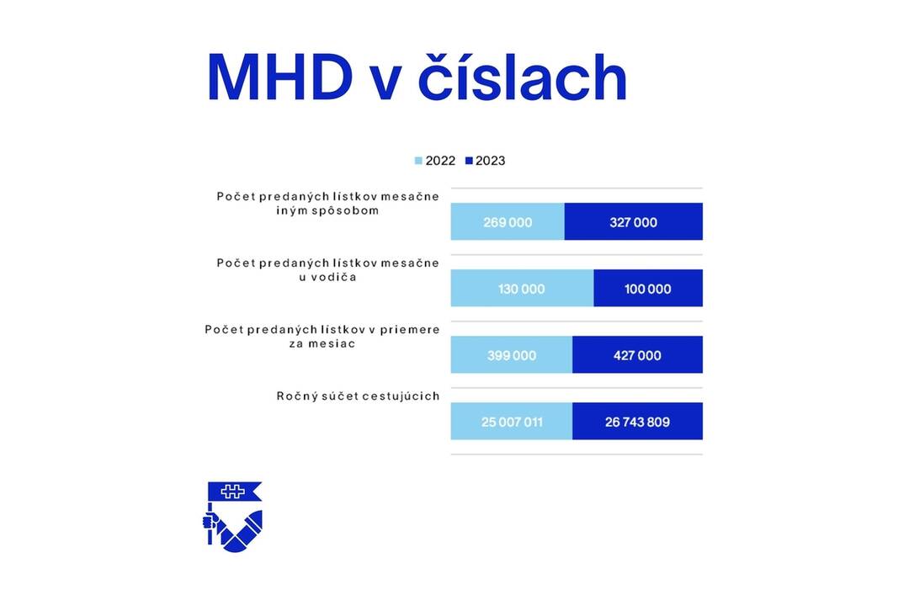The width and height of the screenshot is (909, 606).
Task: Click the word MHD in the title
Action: pyautogui.click(x=279, y=78)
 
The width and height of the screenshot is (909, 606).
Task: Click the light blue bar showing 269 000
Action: pyautogui.click(x=508, y=222)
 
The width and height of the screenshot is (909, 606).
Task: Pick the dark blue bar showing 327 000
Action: pyautogui.click(x=633, y=222)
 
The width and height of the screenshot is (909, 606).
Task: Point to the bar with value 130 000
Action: pyautogui.click(x=522, y=289)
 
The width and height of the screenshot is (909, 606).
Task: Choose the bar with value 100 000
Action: pyautogui.click(x=648, y=289)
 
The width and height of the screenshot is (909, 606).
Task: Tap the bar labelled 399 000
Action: pyautogui.click(x=512, y=355)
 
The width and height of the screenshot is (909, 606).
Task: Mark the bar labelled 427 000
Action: pyautogui.click(x=637, y=355)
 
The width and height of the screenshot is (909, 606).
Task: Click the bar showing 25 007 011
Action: pyautogui.click(x=512, y=422)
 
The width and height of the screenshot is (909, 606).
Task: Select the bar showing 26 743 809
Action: pyautogui.click(x=637, y=422)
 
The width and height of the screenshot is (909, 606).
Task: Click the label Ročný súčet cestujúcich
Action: pyautogui.click(x=358, y=396)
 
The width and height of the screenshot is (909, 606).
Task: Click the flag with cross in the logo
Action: pyautogui.click(x=235, y=492)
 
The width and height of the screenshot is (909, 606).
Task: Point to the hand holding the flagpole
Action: pyautogui.click(x=210, y=522)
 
